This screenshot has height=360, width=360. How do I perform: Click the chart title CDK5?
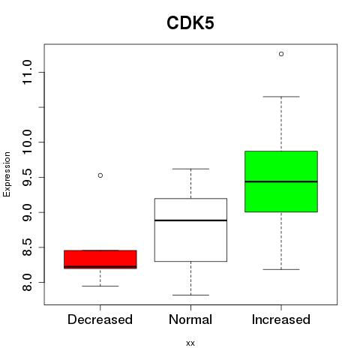190,23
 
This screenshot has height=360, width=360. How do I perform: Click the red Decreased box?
100,259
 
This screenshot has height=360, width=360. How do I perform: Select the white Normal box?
190,230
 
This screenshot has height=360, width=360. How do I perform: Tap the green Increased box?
281,181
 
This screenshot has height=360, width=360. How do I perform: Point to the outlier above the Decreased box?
100,175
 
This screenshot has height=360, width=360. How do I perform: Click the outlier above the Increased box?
281,54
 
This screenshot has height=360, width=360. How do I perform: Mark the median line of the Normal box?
190,220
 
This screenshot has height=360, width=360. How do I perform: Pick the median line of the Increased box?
281,181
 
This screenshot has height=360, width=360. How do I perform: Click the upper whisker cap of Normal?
190,169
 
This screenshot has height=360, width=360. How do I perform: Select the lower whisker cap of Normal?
190,295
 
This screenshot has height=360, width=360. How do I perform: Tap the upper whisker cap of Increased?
281,97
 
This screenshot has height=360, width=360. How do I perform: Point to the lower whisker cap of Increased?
281,269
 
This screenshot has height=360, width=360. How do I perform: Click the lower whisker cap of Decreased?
100,286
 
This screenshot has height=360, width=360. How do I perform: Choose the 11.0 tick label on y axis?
27,73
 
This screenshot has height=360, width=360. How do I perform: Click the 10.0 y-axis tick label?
27,142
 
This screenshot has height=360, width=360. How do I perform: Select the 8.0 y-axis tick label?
27,282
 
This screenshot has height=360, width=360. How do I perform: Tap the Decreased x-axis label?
100,319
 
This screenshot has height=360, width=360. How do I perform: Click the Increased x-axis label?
281,319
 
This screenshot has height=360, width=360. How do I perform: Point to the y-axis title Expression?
7,174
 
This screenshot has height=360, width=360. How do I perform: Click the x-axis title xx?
190,343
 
